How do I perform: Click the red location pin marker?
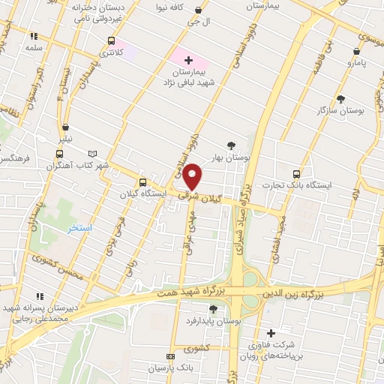click(x=193, y=175)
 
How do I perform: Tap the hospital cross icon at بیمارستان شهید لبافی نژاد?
click(x=187, y=60)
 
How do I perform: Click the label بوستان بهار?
click(x=230, y=158)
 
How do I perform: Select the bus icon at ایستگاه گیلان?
click(x=142, y=182)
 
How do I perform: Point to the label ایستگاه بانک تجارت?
click(x=297, y=185)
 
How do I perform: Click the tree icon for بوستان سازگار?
click(x=340, y=98)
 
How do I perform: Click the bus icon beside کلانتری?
click(x=112, y=41)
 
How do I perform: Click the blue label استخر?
click(x=79, y=227)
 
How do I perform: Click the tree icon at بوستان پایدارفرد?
click(x=212, y=310)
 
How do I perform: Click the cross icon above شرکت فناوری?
click(x=271, y=332)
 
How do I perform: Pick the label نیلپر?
click(x=67, y=139)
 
